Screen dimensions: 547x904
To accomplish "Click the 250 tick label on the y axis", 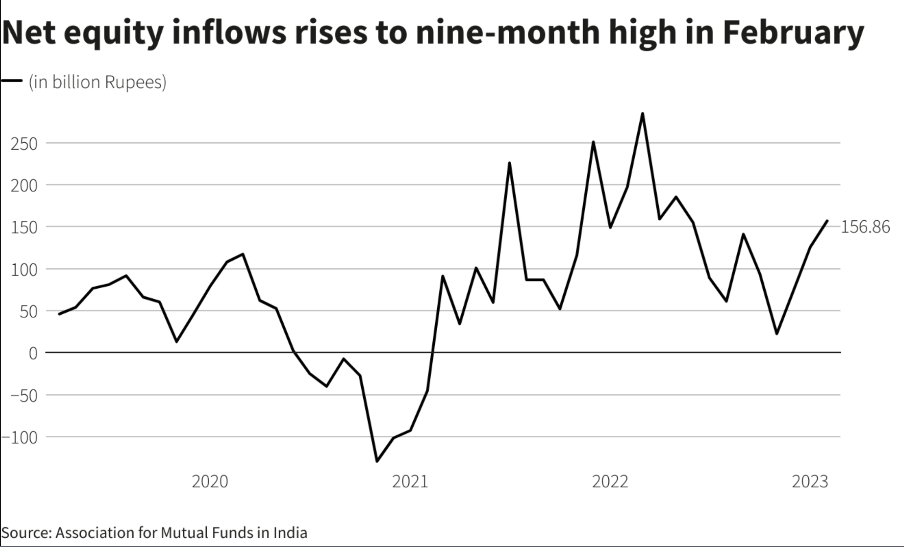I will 24,144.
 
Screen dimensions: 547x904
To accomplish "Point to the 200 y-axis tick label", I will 24,186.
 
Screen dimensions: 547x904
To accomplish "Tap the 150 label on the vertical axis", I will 24,228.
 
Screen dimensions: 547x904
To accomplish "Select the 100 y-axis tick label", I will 24,270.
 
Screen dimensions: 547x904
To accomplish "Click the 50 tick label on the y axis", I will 28,312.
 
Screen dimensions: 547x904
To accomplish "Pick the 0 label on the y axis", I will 33,353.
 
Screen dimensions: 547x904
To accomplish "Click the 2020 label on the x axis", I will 210,481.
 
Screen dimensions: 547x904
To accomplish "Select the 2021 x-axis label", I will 410,481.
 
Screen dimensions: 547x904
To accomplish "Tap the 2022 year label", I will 610,481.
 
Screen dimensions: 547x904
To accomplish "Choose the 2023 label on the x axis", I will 810,481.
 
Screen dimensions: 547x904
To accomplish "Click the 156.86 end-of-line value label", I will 866,227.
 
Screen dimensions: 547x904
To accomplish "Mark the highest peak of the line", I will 642,114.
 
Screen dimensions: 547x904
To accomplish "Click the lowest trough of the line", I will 377,461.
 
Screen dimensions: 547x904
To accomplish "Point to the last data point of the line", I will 827,221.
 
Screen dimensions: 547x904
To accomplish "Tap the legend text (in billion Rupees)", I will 97,82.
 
